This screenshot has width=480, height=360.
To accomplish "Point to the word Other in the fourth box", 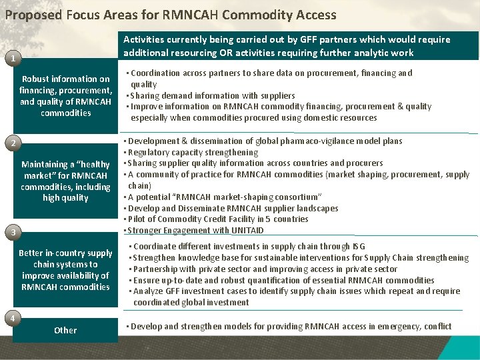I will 65,330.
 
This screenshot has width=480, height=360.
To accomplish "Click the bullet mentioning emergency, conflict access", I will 288,326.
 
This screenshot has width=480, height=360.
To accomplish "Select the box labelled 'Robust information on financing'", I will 65,96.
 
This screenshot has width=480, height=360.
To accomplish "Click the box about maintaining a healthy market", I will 65,181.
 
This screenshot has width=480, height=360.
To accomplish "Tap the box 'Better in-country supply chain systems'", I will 65,269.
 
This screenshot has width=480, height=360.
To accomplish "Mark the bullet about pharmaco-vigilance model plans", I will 264,141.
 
